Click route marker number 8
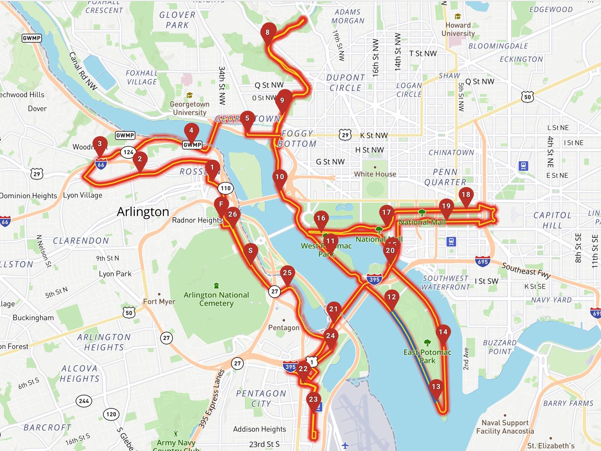(x=268, y=33)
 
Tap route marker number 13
(x=436, y=387)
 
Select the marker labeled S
(x=250, y=251)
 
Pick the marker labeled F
(x=221, y=204)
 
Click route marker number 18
(x=466, y=195)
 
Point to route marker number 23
(x=313, y=400)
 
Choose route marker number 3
(x=99, y=144)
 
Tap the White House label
(x=375, y=174)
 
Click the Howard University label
(x=458, y=29)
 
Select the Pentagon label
(x=283, y=328)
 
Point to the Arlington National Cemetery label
(x=216, y=299)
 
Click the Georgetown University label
(x=189, y=108)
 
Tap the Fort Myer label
(x=159, y=302)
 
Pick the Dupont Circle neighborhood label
(x=345, y=83)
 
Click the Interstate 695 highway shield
(x=482, y=262)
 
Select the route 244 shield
(x=84, y=401)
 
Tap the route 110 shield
(x=226, y=188)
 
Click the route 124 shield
(x=128, y=152)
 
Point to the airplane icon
(x=345, y=445)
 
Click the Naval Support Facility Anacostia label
(x=505, y=427)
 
